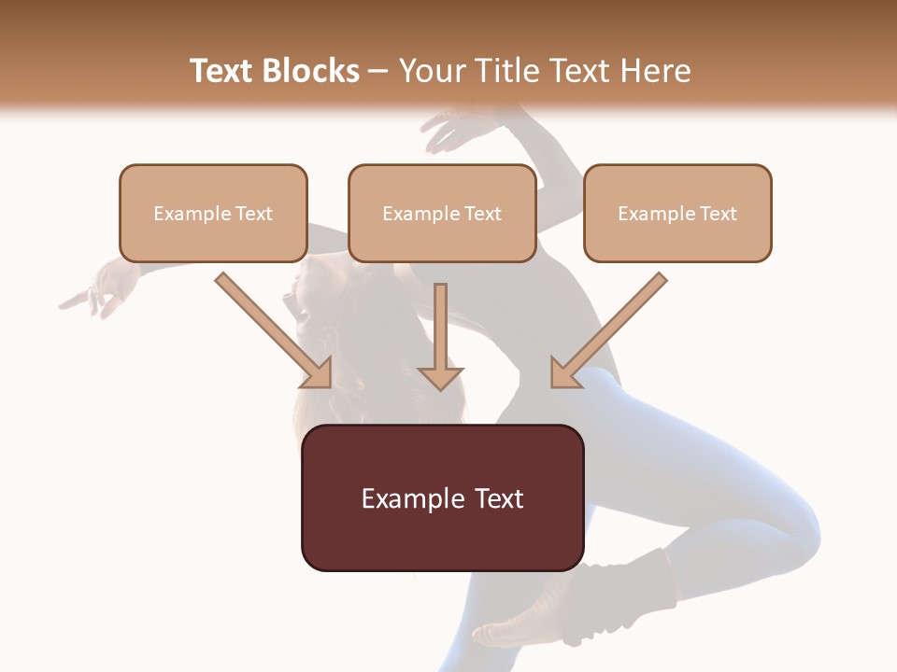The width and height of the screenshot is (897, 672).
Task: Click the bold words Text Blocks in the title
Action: click(274, 71)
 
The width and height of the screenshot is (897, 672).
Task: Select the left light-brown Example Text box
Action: click(213, 213)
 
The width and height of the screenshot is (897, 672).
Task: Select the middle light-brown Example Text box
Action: click(442, 213)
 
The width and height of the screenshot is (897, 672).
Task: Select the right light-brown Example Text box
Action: click(677, 213)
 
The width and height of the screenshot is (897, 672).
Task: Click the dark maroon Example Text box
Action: click(442, 497)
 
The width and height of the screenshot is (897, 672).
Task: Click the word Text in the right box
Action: click(718, 214)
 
